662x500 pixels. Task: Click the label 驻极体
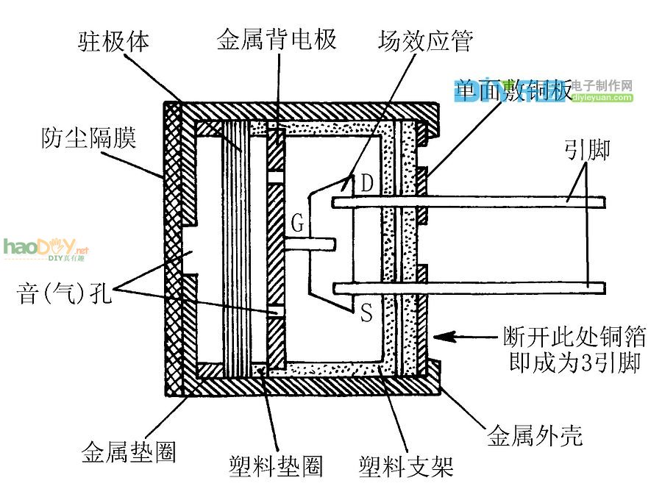(x=114, y=42)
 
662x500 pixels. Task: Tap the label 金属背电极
(x=277, y=39)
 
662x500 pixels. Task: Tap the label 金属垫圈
(x=129, y=451)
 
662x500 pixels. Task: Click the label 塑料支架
(x=405, y=466)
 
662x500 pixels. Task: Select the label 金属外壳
(x=535, y=436)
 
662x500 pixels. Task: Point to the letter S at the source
(x=366, y=314)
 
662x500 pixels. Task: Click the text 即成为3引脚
(x=574, y=363)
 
